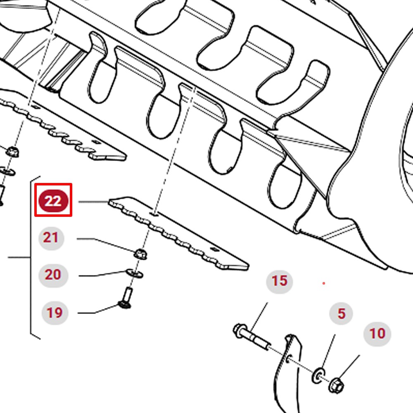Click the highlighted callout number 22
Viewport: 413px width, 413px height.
[x=53, y=201]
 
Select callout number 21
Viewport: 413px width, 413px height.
[x=51, y=238]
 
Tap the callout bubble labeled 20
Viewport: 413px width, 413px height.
[x=53, y=275]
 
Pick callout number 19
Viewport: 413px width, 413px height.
[x=55, y=313]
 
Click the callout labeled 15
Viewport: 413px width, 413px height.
[x=280, y=281]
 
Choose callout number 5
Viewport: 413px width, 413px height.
[x=341, y=313]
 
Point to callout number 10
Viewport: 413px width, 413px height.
[x=377, y=334]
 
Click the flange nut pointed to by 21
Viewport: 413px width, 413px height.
[x=140, y=254]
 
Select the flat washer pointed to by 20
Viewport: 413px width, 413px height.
[x=135, y=273]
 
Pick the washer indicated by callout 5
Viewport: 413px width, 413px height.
[x=318, y=375]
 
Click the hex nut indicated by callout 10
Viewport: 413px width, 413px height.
[x=336, y=386]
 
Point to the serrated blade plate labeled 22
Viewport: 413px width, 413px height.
[x=179, y=233]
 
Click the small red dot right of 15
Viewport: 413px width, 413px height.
[x=324, y=283]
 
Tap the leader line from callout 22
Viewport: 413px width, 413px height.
[x=93, y=202]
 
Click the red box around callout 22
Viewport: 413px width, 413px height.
[x=53, y=184]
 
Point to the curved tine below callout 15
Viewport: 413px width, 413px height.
[x=287, y=374]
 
